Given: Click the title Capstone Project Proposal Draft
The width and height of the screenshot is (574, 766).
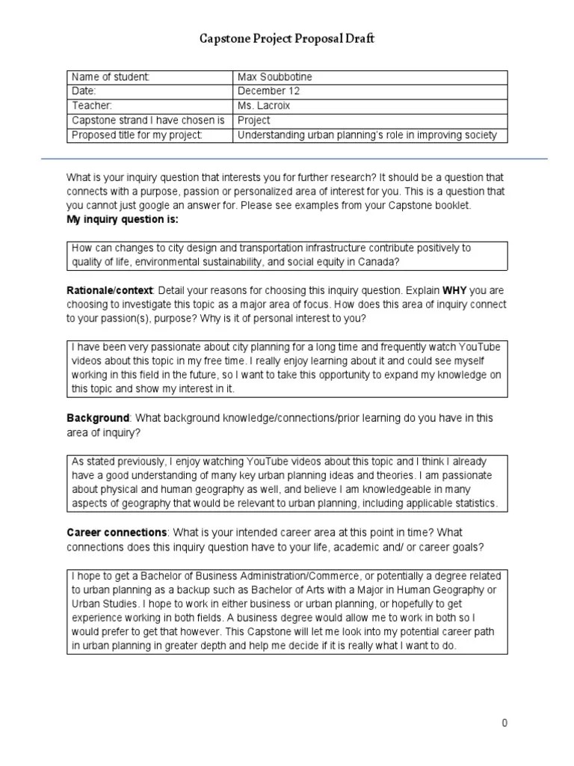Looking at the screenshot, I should coord(286,39).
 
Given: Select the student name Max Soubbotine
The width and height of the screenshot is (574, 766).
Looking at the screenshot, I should coord(274,77).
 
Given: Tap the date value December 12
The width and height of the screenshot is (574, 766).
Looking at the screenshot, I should coord(268,91).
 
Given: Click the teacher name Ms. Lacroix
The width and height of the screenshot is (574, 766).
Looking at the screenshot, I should coord(265,105).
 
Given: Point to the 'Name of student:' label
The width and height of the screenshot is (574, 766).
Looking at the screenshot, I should coord(111,77).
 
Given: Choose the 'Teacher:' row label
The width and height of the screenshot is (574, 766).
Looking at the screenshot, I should coord(92,105).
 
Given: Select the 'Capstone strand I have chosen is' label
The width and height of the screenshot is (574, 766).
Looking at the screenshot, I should coord(148,120).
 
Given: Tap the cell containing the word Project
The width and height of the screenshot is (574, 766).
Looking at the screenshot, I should coord(253,120).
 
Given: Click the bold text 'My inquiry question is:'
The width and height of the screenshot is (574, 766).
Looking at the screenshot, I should coord(123,220).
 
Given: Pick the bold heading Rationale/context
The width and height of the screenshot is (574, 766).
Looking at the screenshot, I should coord(110,289).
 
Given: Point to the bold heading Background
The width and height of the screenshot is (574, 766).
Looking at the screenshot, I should coord(98,417).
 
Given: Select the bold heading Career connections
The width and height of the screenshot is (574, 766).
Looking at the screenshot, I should coord(117,533).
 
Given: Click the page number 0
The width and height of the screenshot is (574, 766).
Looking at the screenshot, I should coord(505,723).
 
